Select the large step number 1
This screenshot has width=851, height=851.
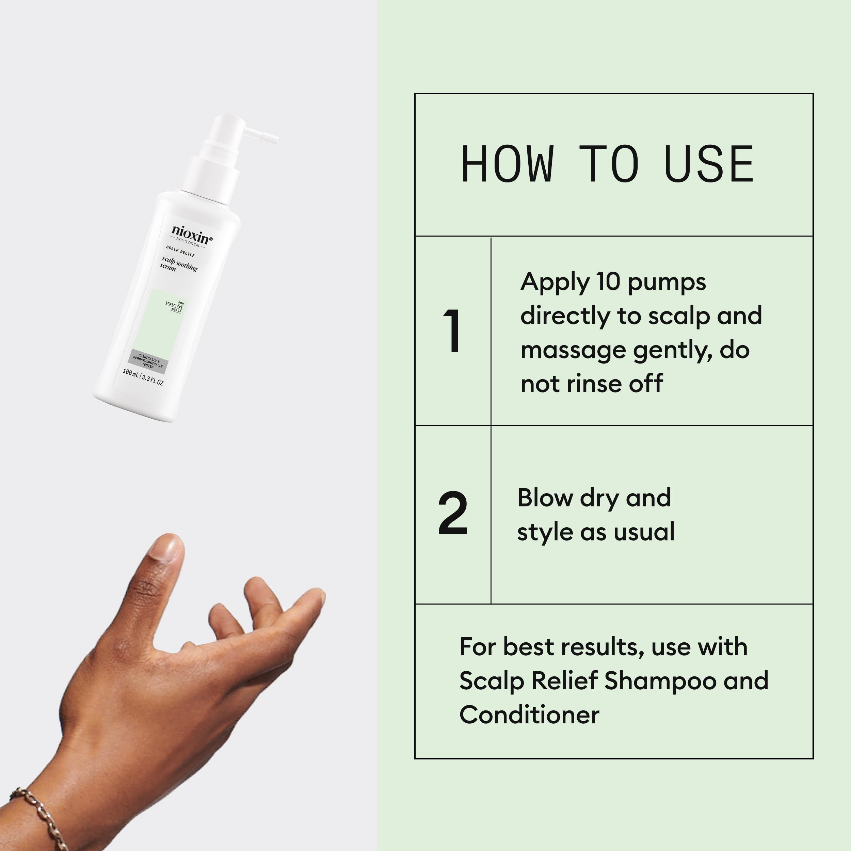452,331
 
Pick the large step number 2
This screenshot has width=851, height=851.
452,514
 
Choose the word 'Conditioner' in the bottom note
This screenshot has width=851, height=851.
529,714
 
